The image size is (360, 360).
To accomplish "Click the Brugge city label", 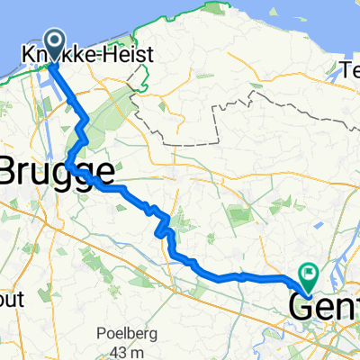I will [x=58, y=171].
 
